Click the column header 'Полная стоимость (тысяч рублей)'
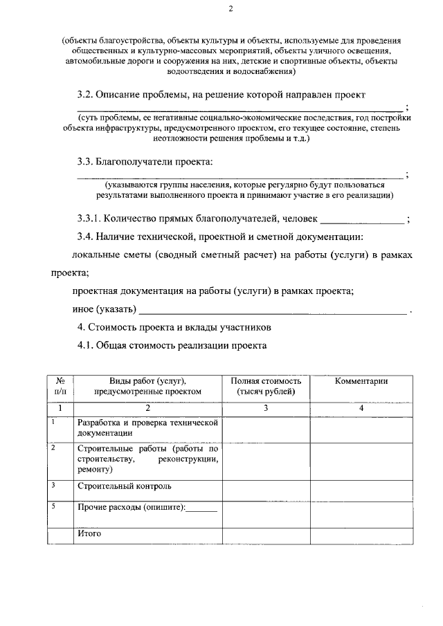point(265,386)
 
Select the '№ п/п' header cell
point(60,386)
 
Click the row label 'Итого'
point(89,533)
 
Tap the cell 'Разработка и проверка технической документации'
point(148,427)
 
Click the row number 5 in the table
point(53,506)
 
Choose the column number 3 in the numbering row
point(265,408)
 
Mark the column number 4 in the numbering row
point(361,408)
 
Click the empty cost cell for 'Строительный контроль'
point(265,488)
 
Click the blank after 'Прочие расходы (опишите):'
point(202,510)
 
